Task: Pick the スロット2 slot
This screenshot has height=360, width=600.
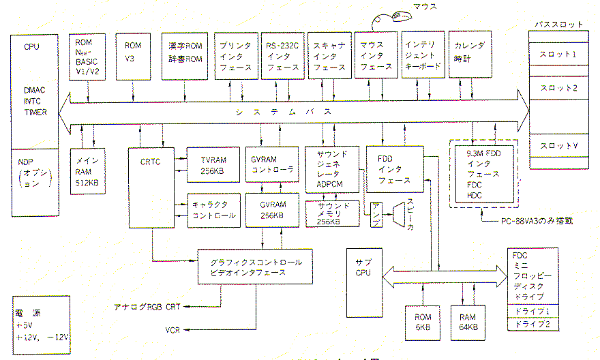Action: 558,88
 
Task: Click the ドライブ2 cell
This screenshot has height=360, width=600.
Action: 533,324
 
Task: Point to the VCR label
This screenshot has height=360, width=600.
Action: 172,330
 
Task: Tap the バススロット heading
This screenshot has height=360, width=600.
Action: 559,24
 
